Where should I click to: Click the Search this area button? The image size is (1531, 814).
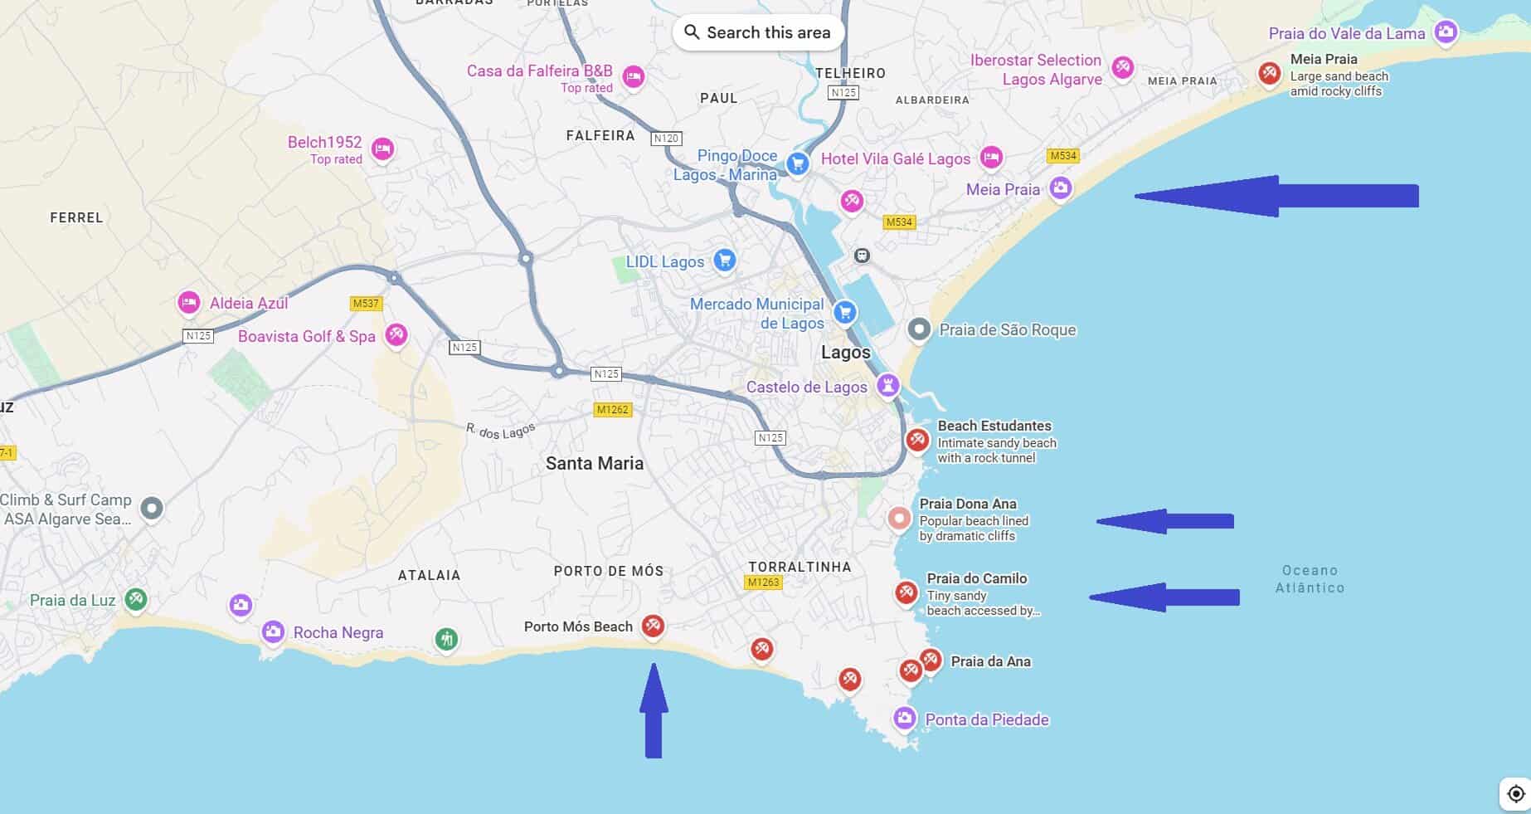point(757,32)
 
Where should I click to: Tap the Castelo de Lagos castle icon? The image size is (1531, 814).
point(888,385)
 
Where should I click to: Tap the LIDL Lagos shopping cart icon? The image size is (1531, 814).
point(724,261)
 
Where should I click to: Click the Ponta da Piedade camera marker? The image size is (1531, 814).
point(904,717)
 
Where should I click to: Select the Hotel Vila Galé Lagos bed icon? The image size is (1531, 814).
point(990,156)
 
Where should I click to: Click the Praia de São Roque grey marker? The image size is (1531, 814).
point(918,329)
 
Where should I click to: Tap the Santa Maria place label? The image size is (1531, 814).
point(594,463)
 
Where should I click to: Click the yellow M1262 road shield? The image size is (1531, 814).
point(613,409)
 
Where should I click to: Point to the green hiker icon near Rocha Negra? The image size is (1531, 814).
point(446,638)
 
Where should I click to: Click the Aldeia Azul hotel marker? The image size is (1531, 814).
point(189,302)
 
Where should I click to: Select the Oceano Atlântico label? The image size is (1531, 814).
point(1310,578)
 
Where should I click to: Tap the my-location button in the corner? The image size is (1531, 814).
point(1515,793)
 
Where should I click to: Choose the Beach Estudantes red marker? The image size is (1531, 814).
point(916,439)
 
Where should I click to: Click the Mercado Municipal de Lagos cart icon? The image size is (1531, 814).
point(844,312)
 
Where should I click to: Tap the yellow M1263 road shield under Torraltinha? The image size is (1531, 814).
point(763,582)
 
